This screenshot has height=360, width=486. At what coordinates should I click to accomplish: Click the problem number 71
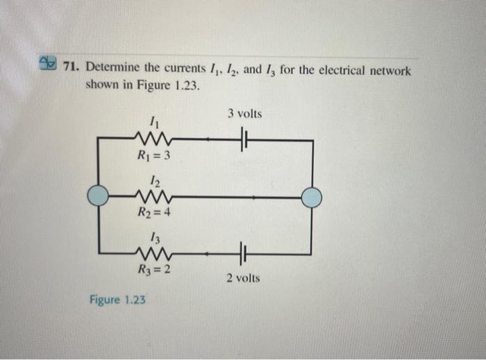click(x=70, y=70)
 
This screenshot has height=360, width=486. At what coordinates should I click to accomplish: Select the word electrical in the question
click(x=336, y=71)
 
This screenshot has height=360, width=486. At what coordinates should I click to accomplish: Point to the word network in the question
click(x=388, y=71)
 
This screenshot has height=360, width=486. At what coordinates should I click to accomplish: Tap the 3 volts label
click(x=244, y=114)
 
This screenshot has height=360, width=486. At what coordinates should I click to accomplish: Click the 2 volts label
click(x=243, y=277)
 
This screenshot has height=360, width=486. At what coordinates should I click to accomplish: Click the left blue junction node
click(x=99, y=197)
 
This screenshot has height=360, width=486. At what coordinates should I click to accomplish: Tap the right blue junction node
click(x=312, y=198)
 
